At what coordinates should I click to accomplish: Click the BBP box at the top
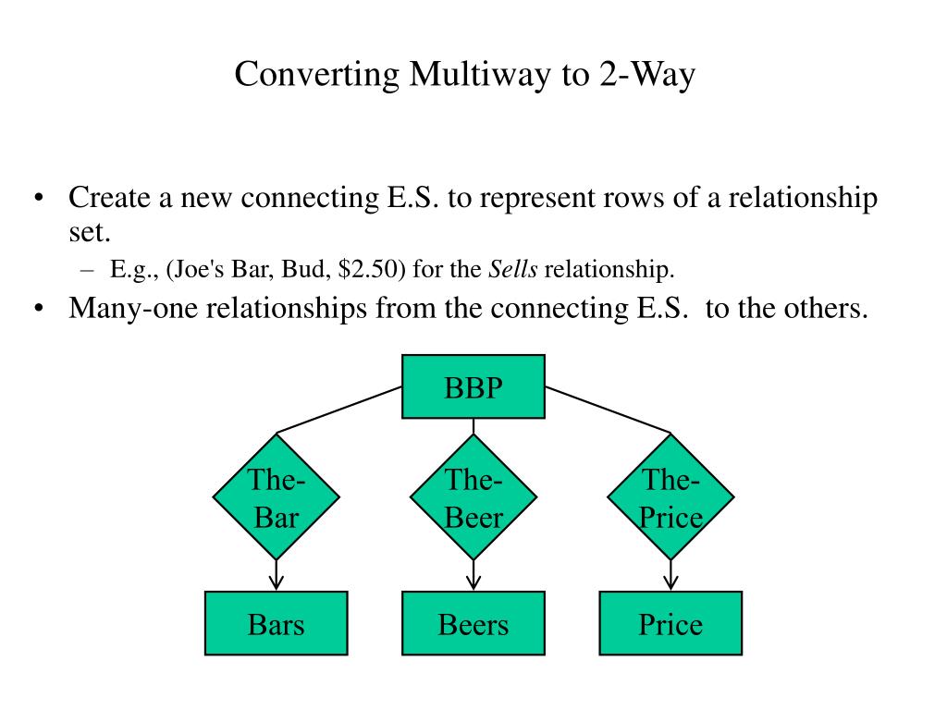coord(473,386)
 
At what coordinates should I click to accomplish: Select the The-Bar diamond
coord(276,497)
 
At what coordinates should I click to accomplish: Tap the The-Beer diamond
coord(473,497)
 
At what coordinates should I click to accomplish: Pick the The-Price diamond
coord(670,497)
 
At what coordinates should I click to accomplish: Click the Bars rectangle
coord(276,624)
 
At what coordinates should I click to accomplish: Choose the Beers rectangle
coord(473,624)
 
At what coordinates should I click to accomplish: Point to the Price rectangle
coord(670,624)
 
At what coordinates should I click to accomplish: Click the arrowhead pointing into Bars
coord(276,582)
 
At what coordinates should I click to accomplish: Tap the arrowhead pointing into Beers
coord(473,582)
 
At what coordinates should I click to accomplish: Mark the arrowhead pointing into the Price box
coord(670,582)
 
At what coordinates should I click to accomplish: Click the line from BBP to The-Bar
coord(339,410)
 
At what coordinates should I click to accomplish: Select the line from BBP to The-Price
coord(608,410)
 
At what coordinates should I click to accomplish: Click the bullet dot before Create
coord(39,199)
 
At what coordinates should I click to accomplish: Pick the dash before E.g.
coord(88,269)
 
